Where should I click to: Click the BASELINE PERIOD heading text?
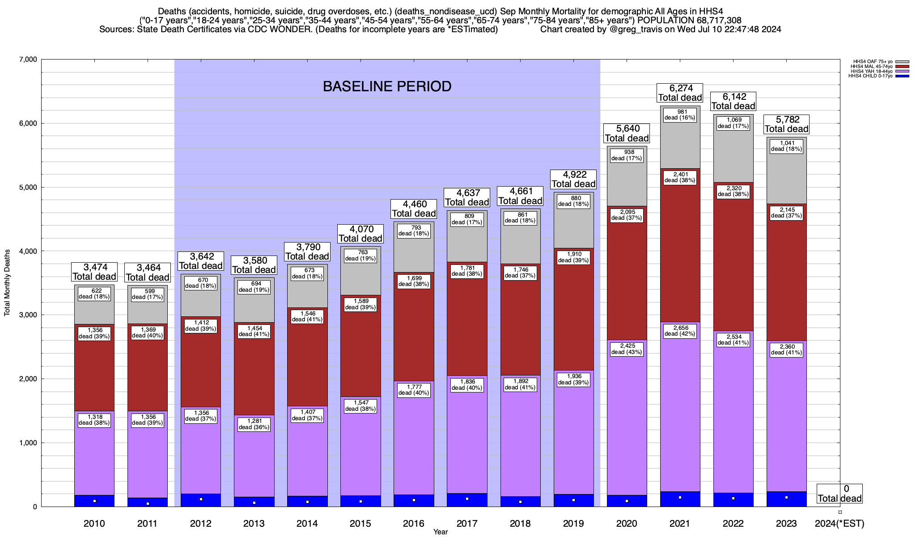pyautogui.click(x=387, y=86)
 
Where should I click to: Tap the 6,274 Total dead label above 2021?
pyautogui.click(x=680, y=93)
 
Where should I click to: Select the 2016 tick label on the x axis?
pyautogui.click(x=414, y=524)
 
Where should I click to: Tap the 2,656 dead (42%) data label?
pyautogui.click(x=680, y=331)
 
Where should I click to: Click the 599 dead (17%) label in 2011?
pyautogui.click(x=147, y=294)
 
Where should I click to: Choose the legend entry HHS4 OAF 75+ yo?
pyautogui.click(x=872, y=62)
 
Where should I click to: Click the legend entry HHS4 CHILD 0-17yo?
pyautogui.click(x=872, y=76)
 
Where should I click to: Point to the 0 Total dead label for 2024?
pyautogui.click(x=840, y=494)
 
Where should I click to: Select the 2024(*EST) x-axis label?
pyautogui.click(x=840, y=524)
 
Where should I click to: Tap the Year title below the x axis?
pyautogui.click(x=441, y=532)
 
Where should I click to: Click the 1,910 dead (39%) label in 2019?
pyautogui.click(x=573, y=257)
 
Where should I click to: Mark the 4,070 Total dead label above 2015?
pyautogui.click(x=360, y=234)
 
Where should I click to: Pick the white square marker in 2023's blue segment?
pyautogui.click(x=786, y=498)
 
